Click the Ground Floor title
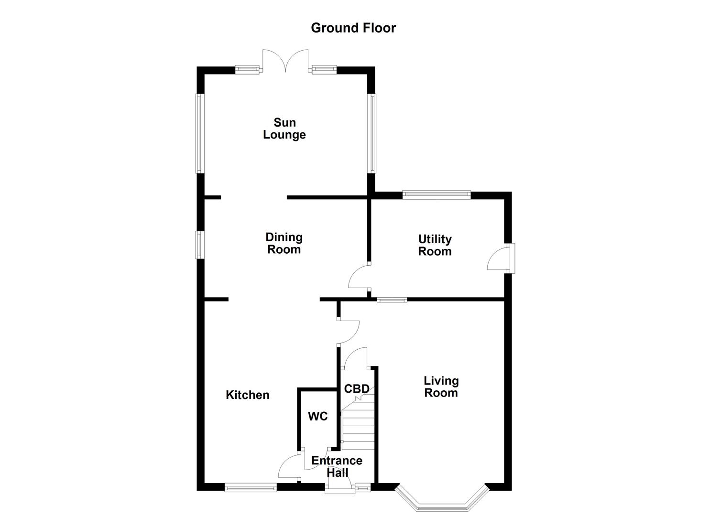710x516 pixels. [353, 28]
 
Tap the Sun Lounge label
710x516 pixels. [284, 129]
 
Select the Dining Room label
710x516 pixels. [284, 243]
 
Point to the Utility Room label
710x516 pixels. [435, 245]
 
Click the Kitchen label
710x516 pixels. [247, 395]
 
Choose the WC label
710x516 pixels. [317, 417]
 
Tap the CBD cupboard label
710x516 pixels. [357, 389]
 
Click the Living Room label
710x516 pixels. [441, 387]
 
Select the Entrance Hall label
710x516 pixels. [337, 466]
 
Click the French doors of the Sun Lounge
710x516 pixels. [285, 61]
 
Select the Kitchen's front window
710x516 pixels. [251, 488]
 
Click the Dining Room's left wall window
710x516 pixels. [200, 245]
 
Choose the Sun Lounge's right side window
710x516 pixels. [371, 133]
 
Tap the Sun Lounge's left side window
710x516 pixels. [200, 133]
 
